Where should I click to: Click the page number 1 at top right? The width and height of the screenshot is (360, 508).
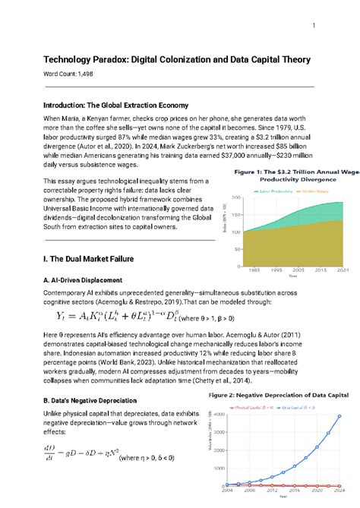point(314,27)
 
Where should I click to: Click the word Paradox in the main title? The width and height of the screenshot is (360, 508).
point(119,59)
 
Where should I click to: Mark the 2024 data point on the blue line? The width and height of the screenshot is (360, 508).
point(340,416)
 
